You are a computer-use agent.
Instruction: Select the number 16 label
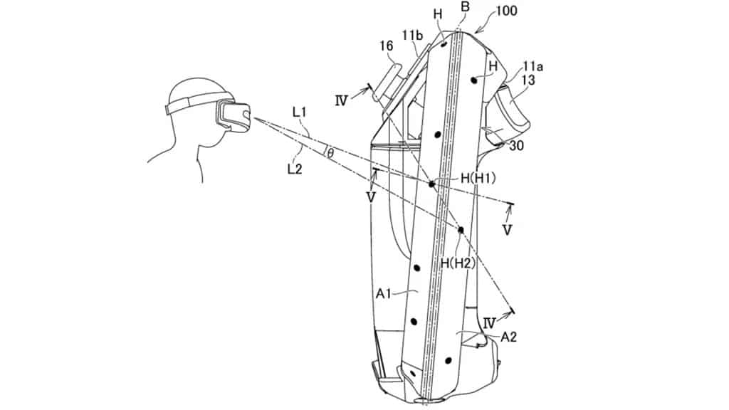pos(386,46)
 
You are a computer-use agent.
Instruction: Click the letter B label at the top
pos(466,7)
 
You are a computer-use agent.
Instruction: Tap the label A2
pos(508,337)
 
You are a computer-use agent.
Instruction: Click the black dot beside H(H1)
pos(431,184)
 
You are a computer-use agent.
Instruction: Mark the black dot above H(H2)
pos(461,230)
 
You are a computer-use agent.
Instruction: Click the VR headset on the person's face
pos(233,114)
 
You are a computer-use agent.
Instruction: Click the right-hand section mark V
pos(506,231)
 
